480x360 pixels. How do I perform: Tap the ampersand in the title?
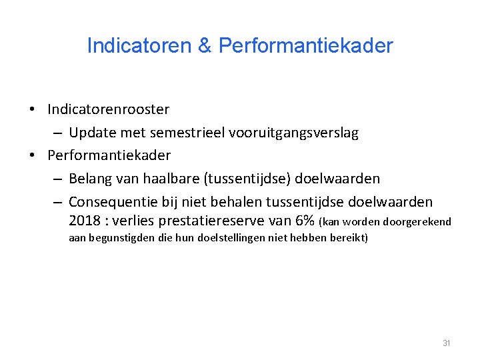click(205, 46)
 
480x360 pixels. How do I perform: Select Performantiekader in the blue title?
click(305, 46)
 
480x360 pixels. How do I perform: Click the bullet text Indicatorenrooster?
click(108, 109)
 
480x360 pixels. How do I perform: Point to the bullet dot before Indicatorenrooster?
click(32, 109)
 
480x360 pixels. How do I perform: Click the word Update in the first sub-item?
click(91, 133)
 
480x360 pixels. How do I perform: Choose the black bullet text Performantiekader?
click(109, 155)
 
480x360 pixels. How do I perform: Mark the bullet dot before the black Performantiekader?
click(32, 156)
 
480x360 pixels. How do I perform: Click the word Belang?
click(90, 179)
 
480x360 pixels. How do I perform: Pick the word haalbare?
click(172, 179)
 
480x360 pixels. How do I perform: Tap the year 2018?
click(84, 221)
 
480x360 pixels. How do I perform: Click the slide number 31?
click(447, 343)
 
